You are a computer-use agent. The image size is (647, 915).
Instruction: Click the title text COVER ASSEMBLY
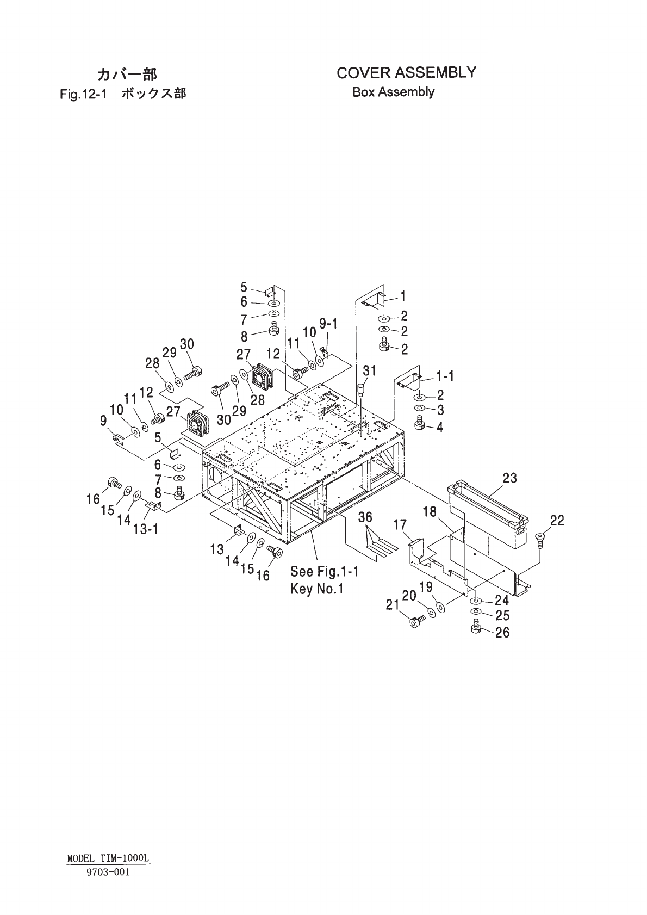point(406,72)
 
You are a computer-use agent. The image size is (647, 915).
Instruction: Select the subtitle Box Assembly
point(393,92)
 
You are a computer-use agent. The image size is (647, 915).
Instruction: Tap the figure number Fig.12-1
point(82,94)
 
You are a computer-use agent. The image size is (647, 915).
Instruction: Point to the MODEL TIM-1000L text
point(108,858)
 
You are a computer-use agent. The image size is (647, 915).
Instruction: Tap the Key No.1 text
point(317,589)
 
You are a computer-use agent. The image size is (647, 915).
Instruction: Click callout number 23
point(509,478)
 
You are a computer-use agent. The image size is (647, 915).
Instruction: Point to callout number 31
point(369,372)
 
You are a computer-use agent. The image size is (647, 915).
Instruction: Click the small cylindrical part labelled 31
point(360,390)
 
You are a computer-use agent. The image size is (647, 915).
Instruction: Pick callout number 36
point(365,518)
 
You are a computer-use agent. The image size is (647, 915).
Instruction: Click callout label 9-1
point(328,325)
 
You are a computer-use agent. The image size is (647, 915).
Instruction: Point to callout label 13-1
point(145,528)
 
